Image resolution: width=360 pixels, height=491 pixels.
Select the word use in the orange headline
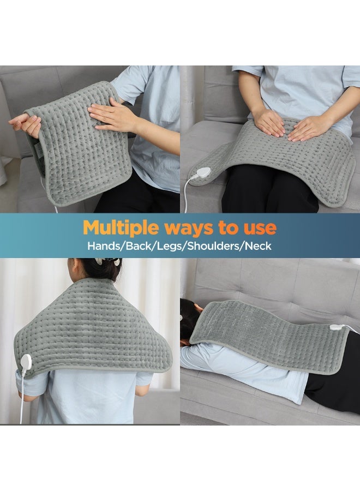pyautogui.click(x=259, y=227)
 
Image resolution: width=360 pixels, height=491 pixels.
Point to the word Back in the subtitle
pyautogui.click(x=140, y=245)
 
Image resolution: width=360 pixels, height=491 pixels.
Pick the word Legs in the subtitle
pyautogui.click(x=172, y=245)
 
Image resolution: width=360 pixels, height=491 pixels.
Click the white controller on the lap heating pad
pyautogui.click(x=202, y=173)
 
